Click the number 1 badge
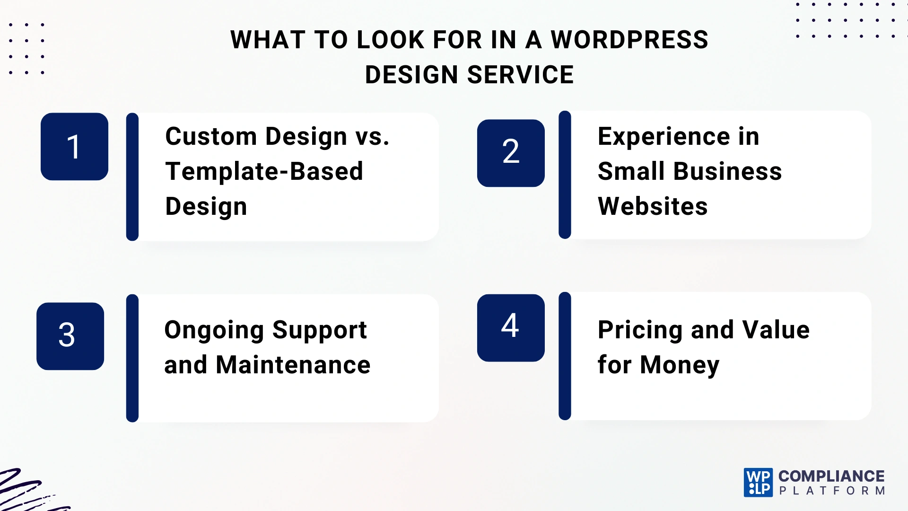coord(74,147)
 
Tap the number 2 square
coord(511,153)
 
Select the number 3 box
coord(70,336)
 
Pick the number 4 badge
coord(511,327)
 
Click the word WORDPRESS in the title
coord(629,40)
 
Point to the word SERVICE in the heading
coord(520,75)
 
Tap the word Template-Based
coord(264,171)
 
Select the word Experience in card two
coord(664,137)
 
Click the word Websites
coord(653,206)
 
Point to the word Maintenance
coord(293,365)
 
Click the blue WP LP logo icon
coord(758,483)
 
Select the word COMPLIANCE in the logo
coord(831,476)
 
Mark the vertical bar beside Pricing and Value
coord(565,356)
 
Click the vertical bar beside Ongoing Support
coord(132,358)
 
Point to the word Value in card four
coord(776,330)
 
